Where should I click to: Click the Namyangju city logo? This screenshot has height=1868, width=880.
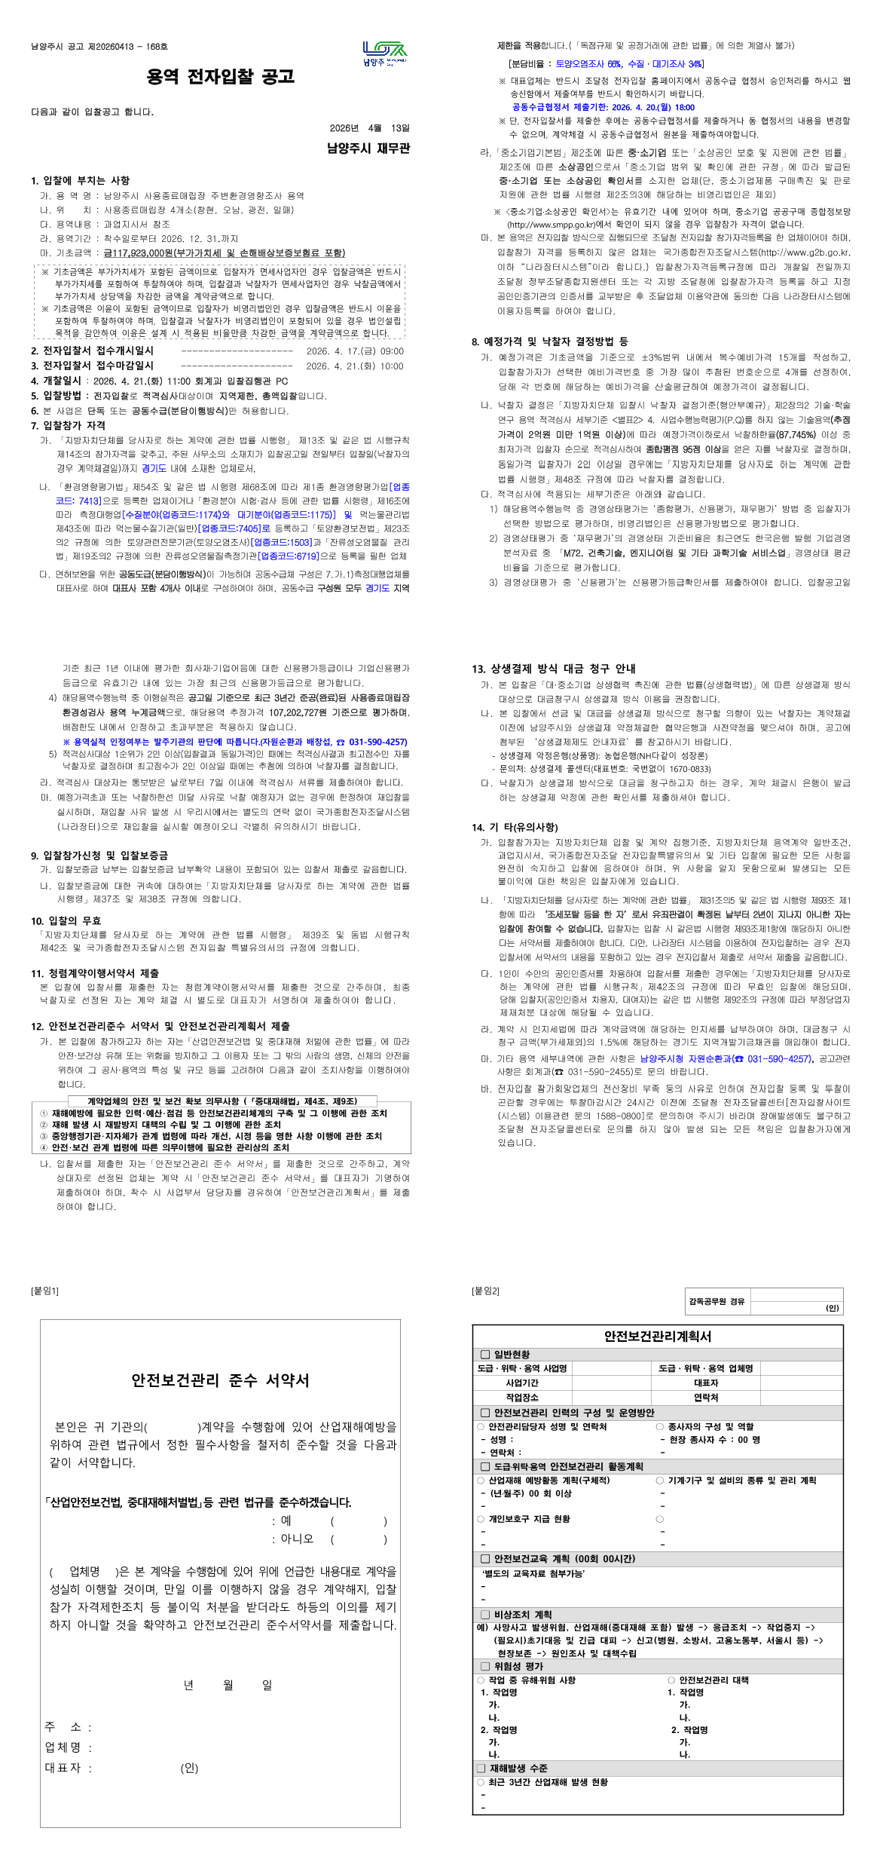coord(384,54)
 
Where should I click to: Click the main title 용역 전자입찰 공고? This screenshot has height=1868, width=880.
coord(220,77)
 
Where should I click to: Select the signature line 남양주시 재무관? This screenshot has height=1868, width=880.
coord(368,149)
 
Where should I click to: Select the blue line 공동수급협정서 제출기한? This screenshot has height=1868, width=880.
coord(603,107)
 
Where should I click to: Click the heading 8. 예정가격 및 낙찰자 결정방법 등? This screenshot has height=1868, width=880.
coord(549,341)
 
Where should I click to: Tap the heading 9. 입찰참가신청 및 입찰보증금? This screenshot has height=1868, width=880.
coord(99,855)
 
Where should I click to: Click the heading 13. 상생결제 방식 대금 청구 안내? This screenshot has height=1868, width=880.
coord(554,669)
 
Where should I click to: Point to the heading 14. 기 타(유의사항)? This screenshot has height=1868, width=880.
coord(515,827)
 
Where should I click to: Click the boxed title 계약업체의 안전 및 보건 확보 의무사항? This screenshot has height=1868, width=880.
coord(222,1101)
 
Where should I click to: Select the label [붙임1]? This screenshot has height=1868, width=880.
coord(44,1291)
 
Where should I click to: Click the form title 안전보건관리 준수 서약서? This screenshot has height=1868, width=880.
coord(220,1380)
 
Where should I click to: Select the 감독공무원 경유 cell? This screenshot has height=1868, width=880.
coord(716,1301)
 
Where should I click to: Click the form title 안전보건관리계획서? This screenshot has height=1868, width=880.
coord(657,1336)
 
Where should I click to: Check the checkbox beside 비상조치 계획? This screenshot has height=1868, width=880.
coord(485,1615)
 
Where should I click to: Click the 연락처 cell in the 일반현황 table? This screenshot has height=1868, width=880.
coord(705,1397)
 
